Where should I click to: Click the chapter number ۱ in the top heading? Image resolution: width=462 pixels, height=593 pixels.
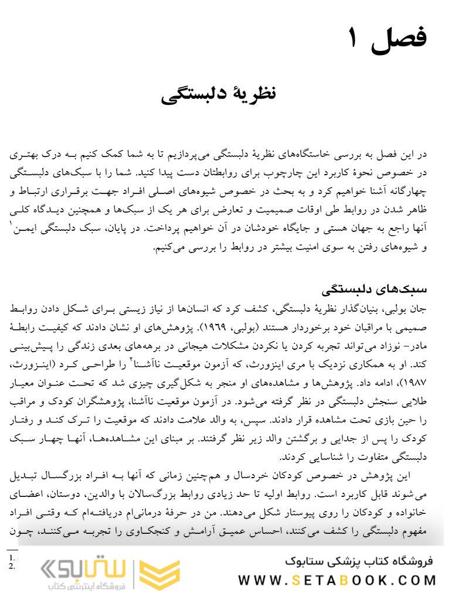pyautogui.click(x=352, y=39)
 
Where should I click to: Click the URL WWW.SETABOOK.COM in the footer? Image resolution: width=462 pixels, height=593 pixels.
pyautogui.click(x=337, y=580)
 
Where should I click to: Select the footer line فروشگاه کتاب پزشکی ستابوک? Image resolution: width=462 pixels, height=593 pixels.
pyautogui.click(x=358, y=561)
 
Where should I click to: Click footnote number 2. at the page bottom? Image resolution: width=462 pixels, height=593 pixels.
pyautogui.click(x=11, y=567)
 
